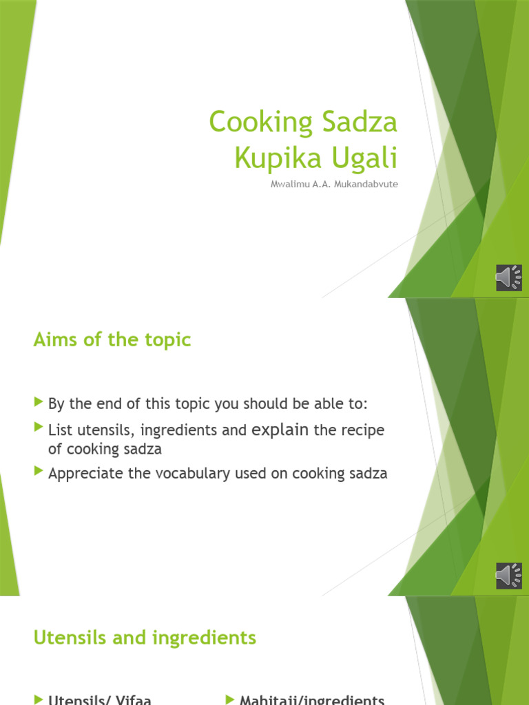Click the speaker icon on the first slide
pos(508,277)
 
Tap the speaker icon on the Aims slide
pos(508,576)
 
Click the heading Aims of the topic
pos(112,339)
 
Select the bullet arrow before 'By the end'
pos(38,401)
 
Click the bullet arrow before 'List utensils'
pos(38,428)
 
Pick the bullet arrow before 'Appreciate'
pos(38,472)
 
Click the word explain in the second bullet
pos(280,430)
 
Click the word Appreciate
pos(81,474)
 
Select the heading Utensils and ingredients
pos(145,638)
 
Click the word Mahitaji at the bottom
pos(268,700)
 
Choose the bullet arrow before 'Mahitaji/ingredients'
pos(229,699)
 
